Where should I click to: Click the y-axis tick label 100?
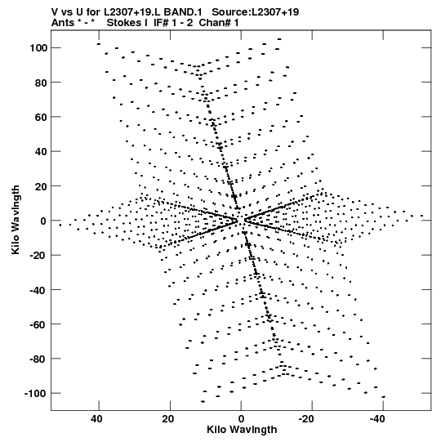[38, 48]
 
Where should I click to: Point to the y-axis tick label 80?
[41, 83]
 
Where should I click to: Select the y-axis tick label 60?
[41, 117]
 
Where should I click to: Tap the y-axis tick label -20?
[38, 255]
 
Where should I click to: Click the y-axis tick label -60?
[38, 324]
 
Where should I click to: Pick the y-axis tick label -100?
[36, 394]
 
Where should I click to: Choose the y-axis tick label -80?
[38, 359]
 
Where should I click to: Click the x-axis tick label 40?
[96, 419]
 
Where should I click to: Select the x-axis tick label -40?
[376, 419]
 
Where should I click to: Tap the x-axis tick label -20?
[305, 419]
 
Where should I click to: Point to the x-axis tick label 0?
[241, 419]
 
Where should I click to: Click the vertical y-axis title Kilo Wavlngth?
[16, 220]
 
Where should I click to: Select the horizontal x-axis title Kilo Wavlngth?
[242, 430]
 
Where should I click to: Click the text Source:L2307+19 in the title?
[256, 12]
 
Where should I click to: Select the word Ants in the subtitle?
[62, 23]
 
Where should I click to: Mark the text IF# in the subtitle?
[161, 23]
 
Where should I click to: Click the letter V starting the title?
[55, 12]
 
